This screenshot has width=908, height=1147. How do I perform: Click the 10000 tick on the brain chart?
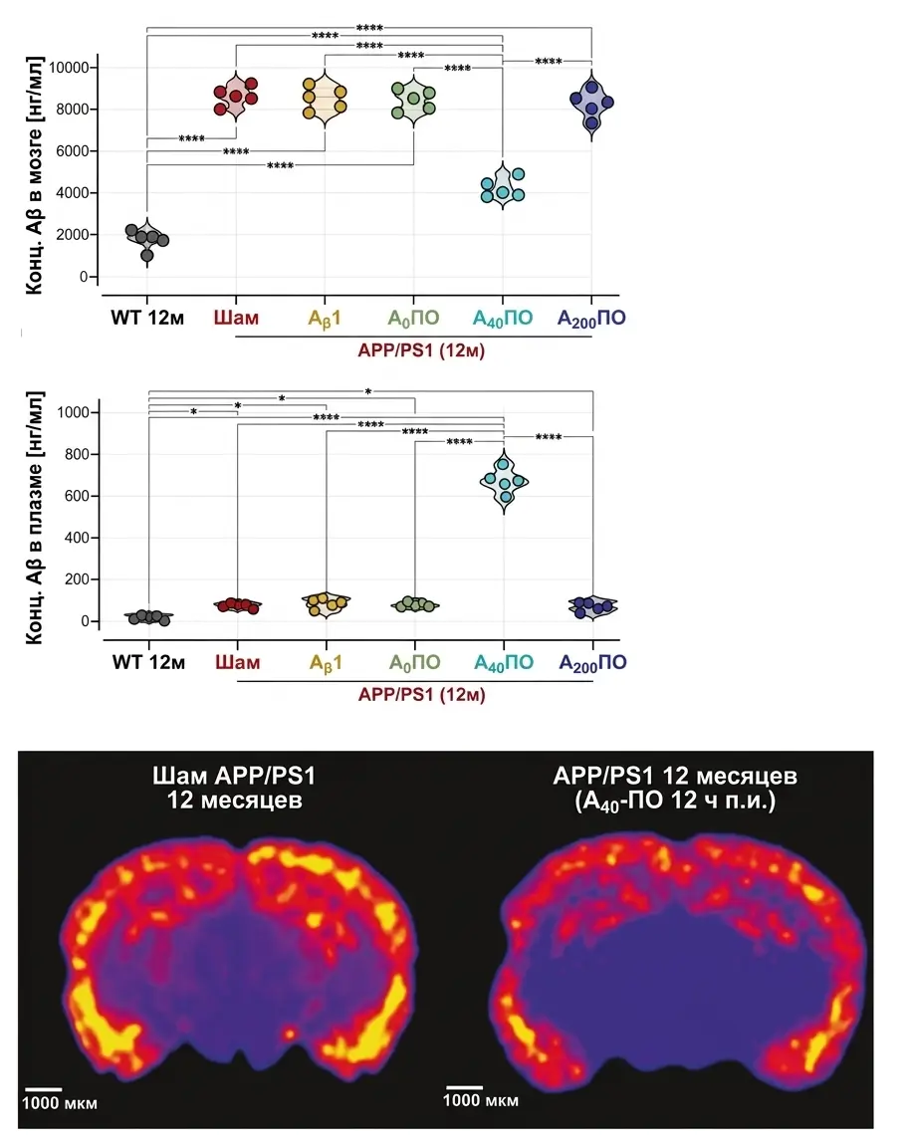(x=69, y=68)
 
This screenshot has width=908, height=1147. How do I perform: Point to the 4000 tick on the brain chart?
(x=73, y=193)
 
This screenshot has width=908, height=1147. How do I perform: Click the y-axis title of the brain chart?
(x=35, y=175)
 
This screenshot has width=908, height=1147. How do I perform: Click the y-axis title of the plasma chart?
(x=35, y=519)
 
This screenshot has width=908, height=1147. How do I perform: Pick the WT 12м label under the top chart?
(x=147, y=319)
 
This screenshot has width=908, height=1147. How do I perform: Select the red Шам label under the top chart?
(x=236, y=319)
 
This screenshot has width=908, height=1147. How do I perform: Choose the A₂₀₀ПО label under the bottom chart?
(x=592, y=663)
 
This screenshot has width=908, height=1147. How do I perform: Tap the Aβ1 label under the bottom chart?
(x=326, y=663)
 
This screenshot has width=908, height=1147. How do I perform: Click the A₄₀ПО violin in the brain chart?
(x=503, y=186)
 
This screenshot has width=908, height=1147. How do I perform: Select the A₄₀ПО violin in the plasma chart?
(x=504, y=481)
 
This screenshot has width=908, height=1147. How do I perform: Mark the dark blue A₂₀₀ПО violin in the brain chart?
(x=591, y=106)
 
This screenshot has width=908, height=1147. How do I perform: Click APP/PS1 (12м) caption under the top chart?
(x=421, y=350)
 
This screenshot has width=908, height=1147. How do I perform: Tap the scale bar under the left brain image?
(x=43, y=1089)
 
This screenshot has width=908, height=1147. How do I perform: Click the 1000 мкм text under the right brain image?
(x=481, y=1100)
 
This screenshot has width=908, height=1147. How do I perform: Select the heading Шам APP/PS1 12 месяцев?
(x=234, y=788)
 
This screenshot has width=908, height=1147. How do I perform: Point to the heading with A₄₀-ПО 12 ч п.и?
(x=675, y=789)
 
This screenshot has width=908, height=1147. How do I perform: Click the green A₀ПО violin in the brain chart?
(x=413, y=101)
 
